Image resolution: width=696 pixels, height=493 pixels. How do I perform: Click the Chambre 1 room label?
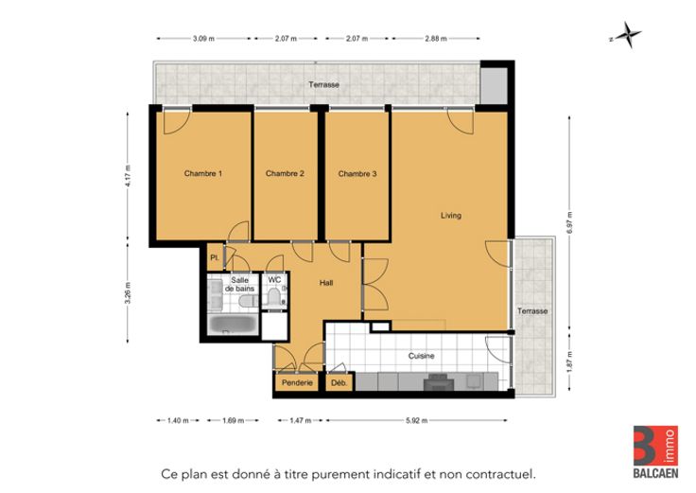click(203, 174)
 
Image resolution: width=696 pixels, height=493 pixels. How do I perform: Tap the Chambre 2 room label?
click(285, 174)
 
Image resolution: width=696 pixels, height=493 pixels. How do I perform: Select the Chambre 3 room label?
click(357, 174)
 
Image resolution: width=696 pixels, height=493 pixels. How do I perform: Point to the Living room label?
click(451, 216)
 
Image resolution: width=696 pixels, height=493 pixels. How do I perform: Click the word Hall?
click(326, 283)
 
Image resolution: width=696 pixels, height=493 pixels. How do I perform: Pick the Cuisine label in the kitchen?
click(421, 356)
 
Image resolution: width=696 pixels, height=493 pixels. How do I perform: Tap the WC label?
click(274, 280)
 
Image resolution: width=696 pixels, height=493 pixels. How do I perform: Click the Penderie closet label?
click(297, 382)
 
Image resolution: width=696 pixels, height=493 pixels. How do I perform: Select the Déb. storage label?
click(339, 382)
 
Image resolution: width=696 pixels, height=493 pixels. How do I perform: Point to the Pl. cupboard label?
click(215, 257)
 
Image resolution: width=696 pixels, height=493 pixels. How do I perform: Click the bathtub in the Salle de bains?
click(233, 325)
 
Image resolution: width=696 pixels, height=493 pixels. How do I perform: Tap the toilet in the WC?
click(274, 296)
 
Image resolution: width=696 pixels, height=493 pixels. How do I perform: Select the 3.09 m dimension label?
click(203, 39)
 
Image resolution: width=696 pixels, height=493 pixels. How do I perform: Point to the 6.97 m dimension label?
click(570, 222)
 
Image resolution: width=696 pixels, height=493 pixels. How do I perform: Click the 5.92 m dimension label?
click(416, 420)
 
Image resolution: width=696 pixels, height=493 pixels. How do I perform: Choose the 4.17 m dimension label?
click(129, 175)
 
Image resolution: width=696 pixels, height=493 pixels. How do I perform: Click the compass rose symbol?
click(627, 35)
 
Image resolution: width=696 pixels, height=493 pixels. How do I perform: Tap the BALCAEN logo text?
click(655, 473)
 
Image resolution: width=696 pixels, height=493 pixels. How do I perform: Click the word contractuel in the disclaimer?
click(506, 474)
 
